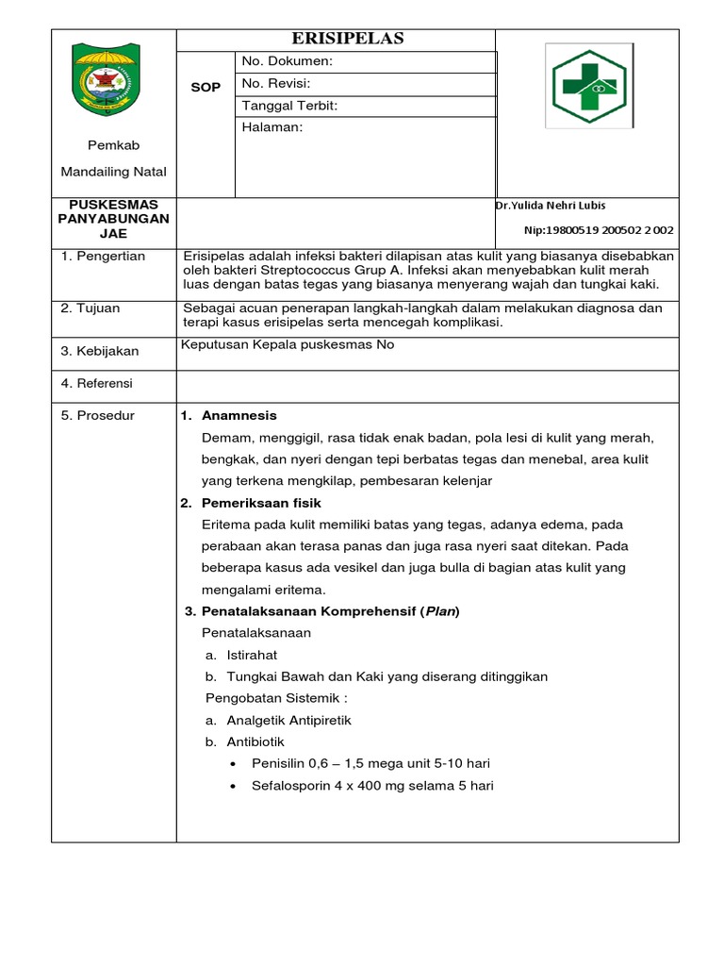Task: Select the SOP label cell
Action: pos(206,88)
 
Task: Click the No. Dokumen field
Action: pos(287,62)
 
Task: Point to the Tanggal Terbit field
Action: pos(289,106)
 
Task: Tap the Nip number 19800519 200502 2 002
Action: pos(599,230)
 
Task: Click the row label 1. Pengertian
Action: pos(103,258)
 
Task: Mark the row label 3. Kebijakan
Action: pos(99,351)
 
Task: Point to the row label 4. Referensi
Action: pos(97,384)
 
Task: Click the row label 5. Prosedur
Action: pos(97,416)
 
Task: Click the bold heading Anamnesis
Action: pos(239,416)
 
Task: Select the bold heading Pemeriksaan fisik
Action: pos(267,503)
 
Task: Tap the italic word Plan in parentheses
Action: pos(440,611)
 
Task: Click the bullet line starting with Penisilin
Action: pos(370,763)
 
